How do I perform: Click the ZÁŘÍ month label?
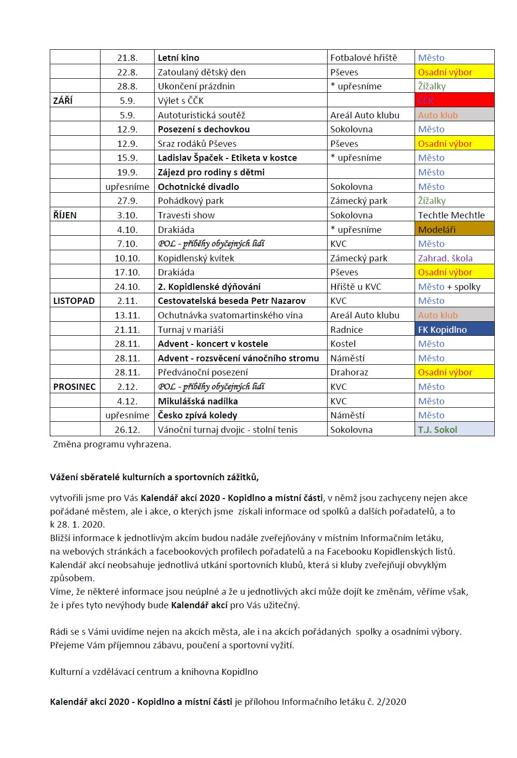pyautogui.click(x=63, y=100)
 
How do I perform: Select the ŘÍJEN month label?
pyautogui.click(x=65, y=215)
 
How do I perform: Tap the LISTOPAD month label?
pyautogui.click(x=74, y=300)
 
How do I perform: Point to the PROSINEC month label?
pyautogui.click(x=74, y=386)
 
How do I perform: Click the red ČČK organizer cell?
pyautogui.click(x=454, y=100)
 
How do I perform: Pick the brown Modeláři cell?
pyautogui.click(x=454, y=229)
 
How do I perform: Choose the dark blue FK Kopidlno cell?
pyautogui.click(x=454, y=329)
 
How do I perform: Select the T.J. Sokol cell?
pyautogui.click(x=454, y=429)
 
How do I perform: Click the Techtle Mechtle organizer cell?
pyautogui.click(x=451, y=215)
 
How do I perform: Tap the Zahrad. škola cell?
pyautogui.click(x=445, y=258)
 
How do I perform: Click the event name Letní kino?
pyautogui.click(x=178, y=57)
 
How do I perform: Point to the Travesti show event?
pyautogui.click(x=186, y=215)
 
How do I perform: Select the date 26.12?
pyautogui.click(x=127, y=429)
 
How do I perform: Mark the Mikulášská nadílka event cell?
pyautogui.click(x=198, y=401)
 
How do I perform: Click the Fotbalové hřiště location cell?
pyautogui.click(x=363, y=57)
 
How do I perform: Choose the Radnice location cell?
pyautogui.click(x=346, y=329)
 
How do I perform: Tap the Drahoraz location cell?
pyautogui.click(x=349, y=372)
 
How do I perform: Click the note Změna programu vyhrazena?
pyautogui.click(x=112, y=444)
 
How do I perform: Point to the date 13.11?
pyautogui.click(x=127, y=315)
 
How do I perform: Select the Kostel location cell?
pyautogui.click(x=343, y=343)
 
